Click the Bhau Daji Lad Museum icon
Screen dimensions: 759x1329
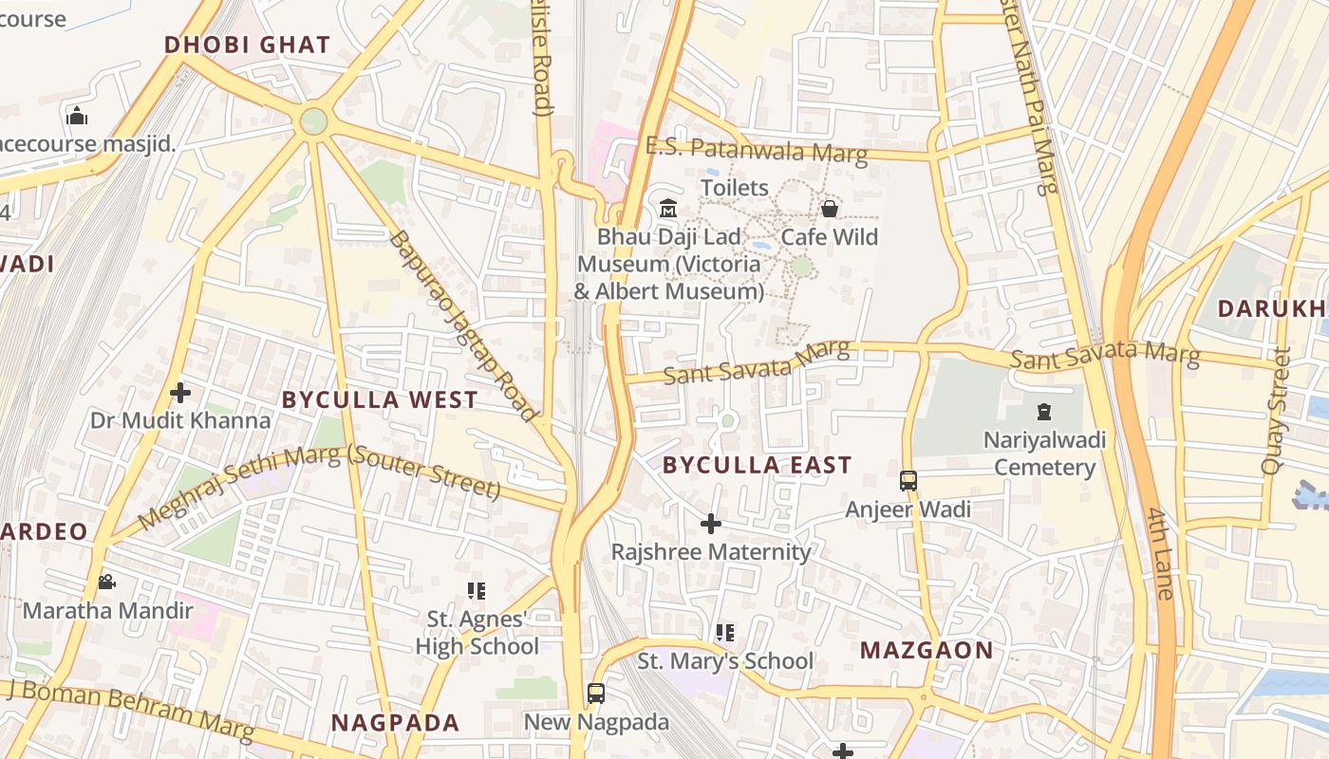click(x=668, y=208)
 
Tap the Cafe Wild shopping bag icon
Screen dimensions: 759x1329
click(x=830, y=208)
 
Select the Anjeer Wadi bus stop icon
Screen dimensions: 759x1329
click(x=908, y=481)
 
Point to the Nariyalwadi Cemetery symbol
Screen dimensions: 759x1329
click(x=1044, y=412)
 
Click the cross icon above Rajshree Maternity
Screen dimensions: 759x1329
click(x=711, y=523)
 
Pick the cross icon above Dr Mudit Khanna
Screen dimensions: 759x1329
click(x=180, y=392)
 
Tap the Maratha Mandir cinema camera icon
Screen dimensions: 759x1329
click(x=107, y=582)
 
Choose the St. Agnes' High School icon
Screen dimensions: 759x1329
click(x=477, y=591)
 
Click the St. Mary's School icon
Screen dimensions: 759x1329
click(x=725, y=632)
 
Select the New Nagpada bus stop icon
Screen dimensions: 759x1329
click(x=596, y=694)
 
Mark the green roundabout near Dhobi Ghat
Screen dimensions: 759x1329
click(x=313, y=121)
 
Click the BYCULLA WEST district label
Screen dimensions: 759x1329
click(x=380, y=399)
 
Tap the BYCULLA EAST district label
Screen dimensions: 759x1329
click(x=758, y=465)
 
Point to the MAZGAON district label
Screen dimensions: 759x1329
click(x=927, y=651)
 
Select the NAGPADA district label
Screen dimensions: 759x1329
click(x=395, y=723)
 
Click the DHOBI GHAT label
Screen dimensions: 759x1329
click(x=247, y=45)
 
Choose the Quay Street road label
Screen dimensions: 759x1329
click(x=1276, y=411)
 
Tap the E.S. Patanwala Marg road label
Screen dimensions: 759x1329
click(x=757, y=150)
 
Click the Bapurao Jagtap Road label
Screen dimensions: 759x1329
click(x=463, y=324)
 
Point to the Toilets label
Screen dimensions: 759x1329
click(x=735, y=187)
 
